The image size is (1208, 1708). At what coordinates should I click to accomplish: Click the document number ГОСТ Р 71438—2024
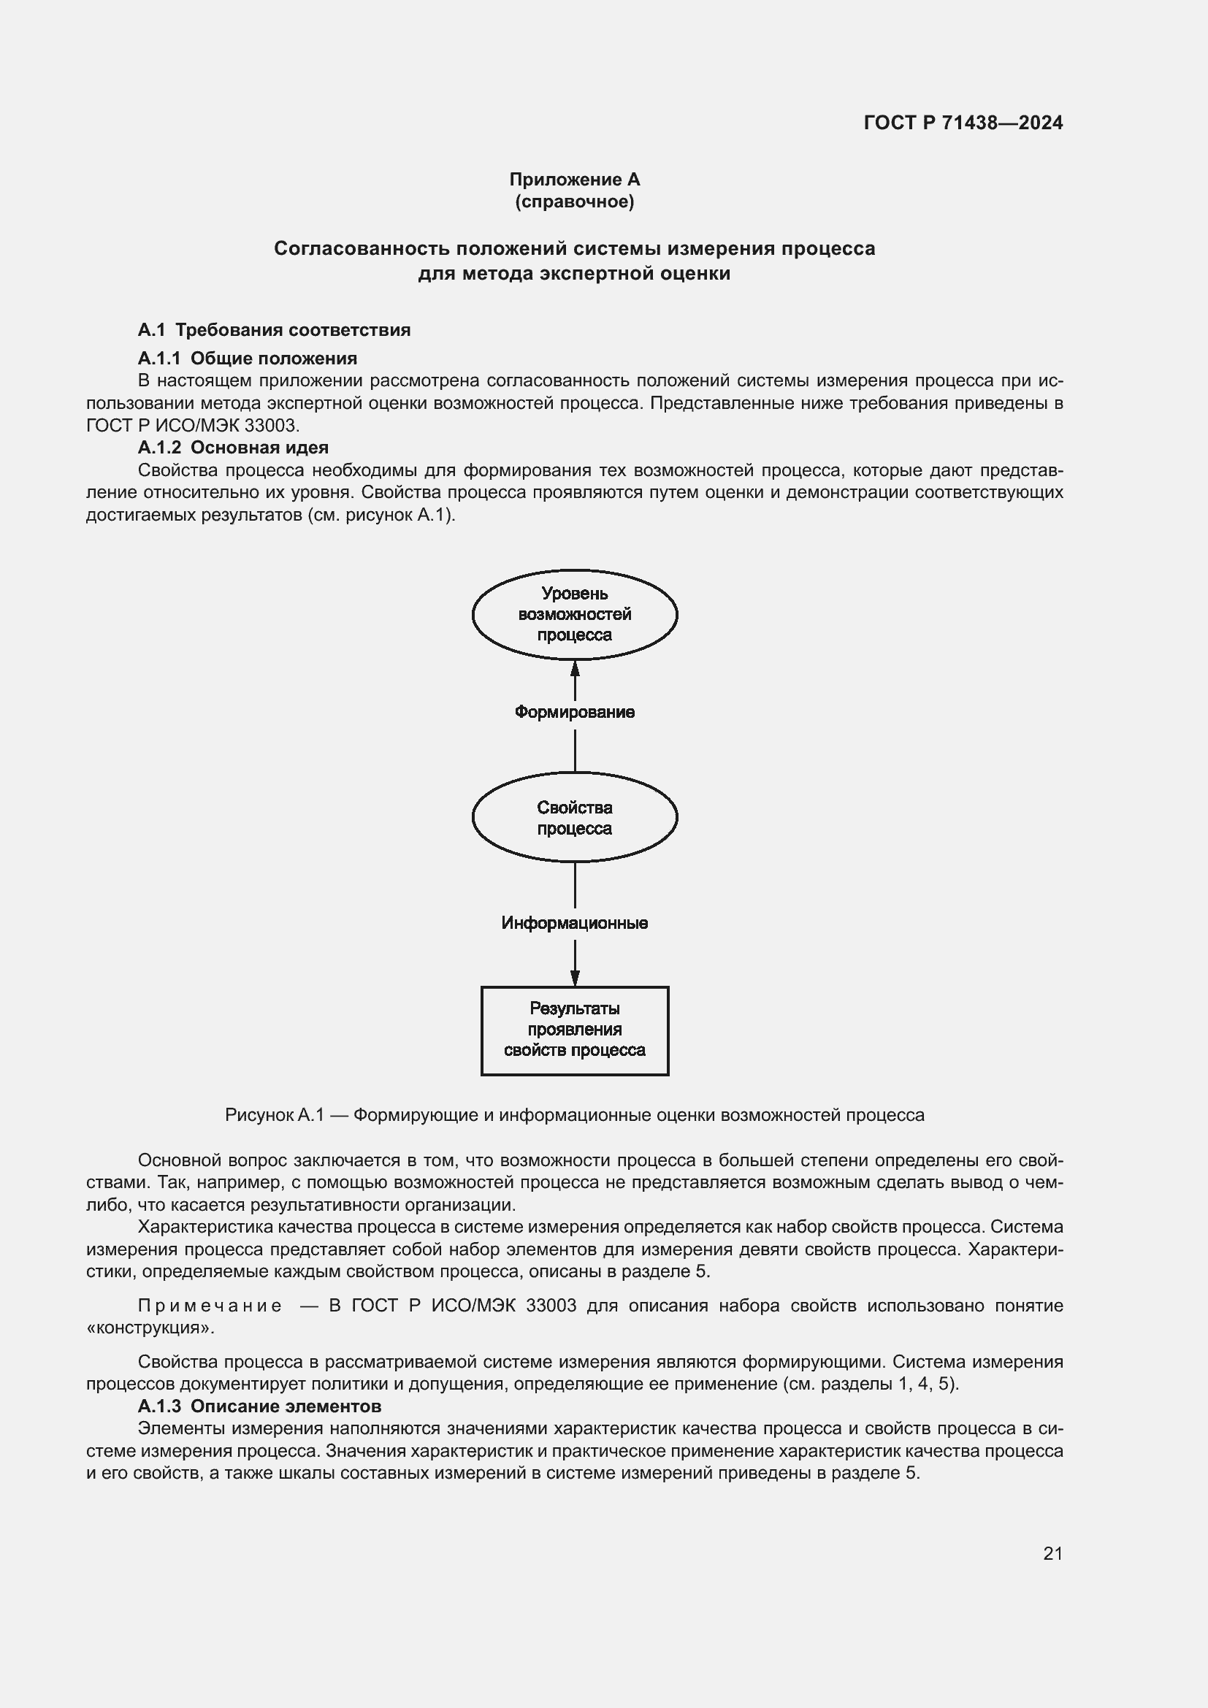click(963, 123)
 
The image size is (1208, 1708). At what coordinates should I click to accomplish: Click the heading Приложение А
click(574, 180)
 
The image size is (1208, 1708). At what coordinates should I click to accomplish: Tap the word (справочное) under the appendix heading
click(574, 202)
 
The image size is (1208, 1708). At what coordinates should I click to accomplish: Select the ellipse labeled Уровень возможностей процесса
click(574, 614)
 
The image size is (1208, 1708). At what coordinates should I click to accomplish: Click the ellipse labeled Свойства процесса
click(574, 818)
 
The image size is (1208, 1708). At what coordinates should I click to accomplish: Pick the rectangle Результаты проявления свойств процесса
click(574, 1030)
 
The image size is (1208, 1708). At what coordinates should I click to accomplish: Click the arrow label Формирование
click(574, 713)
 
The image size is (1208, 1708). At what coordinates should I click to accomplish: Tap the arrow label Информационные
click(574, 923)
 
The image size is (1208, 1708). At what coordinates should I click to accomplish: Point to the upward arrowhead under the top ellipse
click(574, 668)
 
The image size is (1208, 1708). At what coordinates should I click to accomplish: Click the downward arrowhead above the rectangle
click(574, 978)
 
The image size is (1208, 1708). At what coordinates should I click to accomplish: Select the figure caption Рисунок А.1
click(574, 1115)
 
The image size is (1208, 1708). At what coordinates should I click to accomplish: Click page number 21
click(1052, 1553)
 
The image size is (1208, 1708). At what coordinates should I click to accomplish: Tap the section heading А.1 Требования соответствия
click(274, 329)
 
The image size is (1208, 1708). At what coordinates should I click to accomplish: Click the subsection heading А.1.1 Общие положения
click(247, 359)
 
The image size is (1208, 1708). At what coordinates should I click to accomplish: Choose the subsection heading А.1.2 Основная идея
click(233, 448)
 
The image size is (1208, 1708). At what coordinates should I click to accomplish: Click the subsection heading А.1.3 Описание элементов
click(259, 1406)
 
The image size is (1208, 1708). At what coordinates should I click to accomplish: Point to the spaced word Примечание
click(210, 1306)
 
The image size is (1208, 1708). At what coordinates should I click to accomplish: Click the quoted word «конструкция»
click(150, 1328)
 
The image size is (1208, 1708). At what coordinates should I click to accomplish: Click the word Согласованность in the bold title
click(362, 248)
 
